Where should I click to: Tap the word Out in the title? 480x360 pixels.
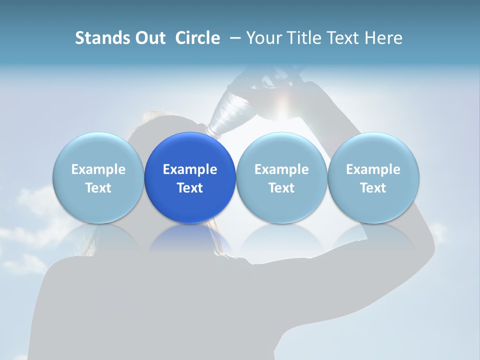(x=148, y=38)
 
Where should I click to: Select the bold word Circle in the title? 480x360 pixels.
(x=197, y=38)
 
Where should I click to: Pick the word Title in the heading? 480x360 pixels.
(x=304, y=38)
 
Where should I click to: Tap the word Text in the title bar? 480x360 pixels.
(x=343, y=38)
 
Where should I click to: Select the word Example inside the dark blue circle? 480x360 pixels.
(x=190, y=169)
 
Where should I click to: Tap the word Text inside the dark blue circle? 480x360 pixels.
(x=190, y=188)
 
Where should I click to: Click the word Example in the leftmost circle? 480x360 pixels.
(x=98, y=169)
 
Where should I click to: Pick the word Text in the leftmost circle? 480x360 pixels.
(x=98, y=188)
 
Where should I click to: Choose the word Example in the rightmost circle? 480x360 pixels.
(x=373, y=169)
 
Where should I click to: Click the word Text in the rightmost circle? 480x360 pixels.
(x=373, y=188)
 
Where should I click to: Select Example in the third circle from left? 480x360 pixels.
(x=281, y=169)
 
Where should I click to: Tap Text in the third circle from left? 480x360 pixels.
(x=281, y=188)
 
